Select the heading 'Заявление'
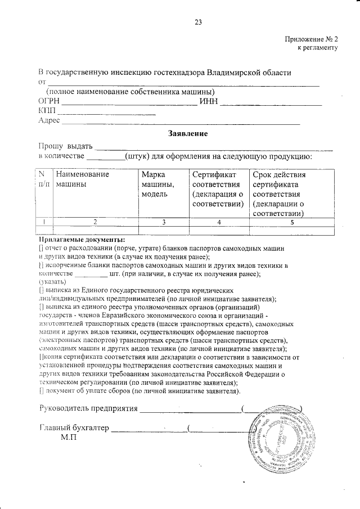(188, 134)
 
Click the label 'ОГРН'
(48, 102)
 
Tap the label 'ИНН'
(209, 102)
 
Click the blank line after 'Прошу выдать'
(214, 147)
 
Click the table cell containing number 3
(163, 222)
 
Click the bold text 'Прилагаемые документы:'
(82, 240)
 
